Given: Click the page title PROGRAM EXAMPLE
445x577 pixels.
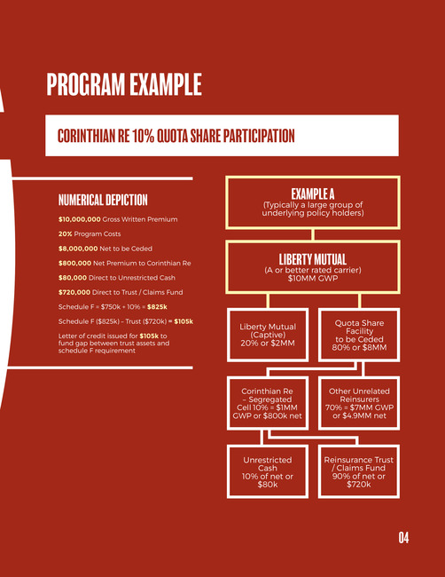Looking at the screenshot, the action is pyautogui.click(x=124, y=84).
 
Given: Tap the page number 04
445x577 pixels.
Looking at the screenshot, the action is pyautogui.click(x=403, y=538).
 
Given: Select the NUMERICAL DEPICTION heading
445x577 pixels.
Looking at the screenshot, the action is pyautogui.click(x=103, y=200).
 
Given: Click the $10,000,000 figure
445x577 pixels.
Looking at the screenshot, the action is pyautogui.click(x=80, y=219).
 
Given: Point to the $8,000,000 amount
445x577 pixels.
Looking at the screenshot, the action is pyautogui.click(x=78, y=249).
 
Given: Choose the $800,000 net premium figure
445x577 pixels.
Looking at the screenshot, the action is pyautogui.click(x=74, y=263).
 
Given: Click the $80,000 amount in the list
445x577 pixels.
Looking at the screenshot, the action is pyautogui.click(x=73, y=278).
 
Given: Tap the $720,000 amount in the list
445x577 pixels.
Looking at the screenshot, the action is pyautogui.click(x=74, y=292).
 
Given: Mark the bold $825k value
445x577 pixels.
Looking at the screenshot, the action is pyautogui.click(x=157, y=307).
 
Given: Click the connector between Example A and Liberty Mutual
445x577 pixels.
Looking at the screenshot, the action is pyautogui.click(x=313, y=234).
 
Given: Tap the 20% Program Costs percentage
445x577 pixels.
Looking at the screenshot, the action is pyautogui.click(x=65, y=234).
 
